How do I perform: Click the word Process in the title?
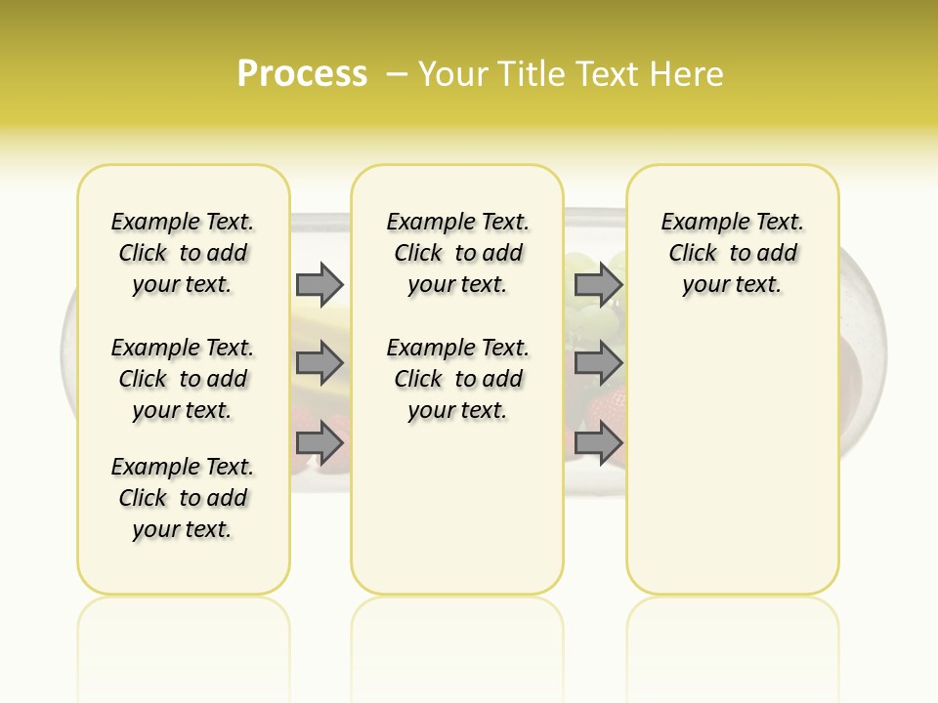[x=302, y=73]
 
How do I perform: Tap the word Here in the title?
[x=687, y=73]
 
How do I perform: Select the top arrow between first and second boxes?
[x=320, y=284]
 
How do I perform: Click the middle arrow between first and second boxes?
[x=320, y=363]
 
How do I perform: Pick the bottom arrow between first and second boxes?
[x=320, y=443]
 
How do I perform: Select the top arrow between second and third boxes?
[x=598, y=284]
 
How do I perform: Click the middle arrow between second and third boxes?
[x=598, y=363]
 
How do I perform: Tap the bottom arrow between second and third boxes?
[x=598, y=443]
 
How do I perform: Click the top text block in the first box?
[x=182, y=253]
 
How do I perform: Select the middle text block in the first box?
[x=182, y=379]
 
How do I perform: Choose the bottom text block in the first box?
[x=182, y=498]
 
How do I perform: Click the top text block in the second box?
[x=457, y=253]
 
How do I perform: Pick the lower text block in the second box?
[x=457, y=379]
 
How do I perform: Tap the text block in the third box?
[x=732, y=253]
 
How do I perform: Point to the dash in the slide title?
[x=397, y=73]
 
